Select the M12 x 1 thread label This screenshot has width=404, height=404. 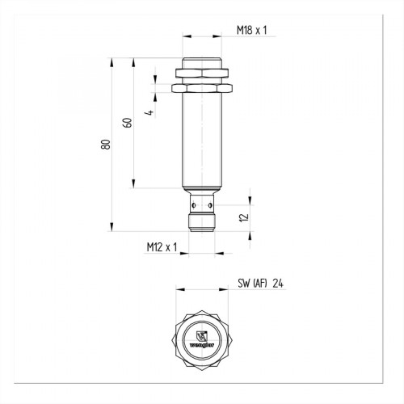coord(162,246)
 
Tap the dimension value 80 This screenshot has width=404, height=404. coord(105,144)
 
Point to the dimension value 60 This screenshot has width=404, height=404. coord(126,123)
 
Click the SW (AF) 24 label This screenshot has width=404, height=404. coord(259,284)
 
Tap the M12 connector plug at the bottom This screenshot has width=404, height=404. coord(202,219)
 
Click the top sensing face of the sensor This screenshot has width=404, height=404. coord(202,59)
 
